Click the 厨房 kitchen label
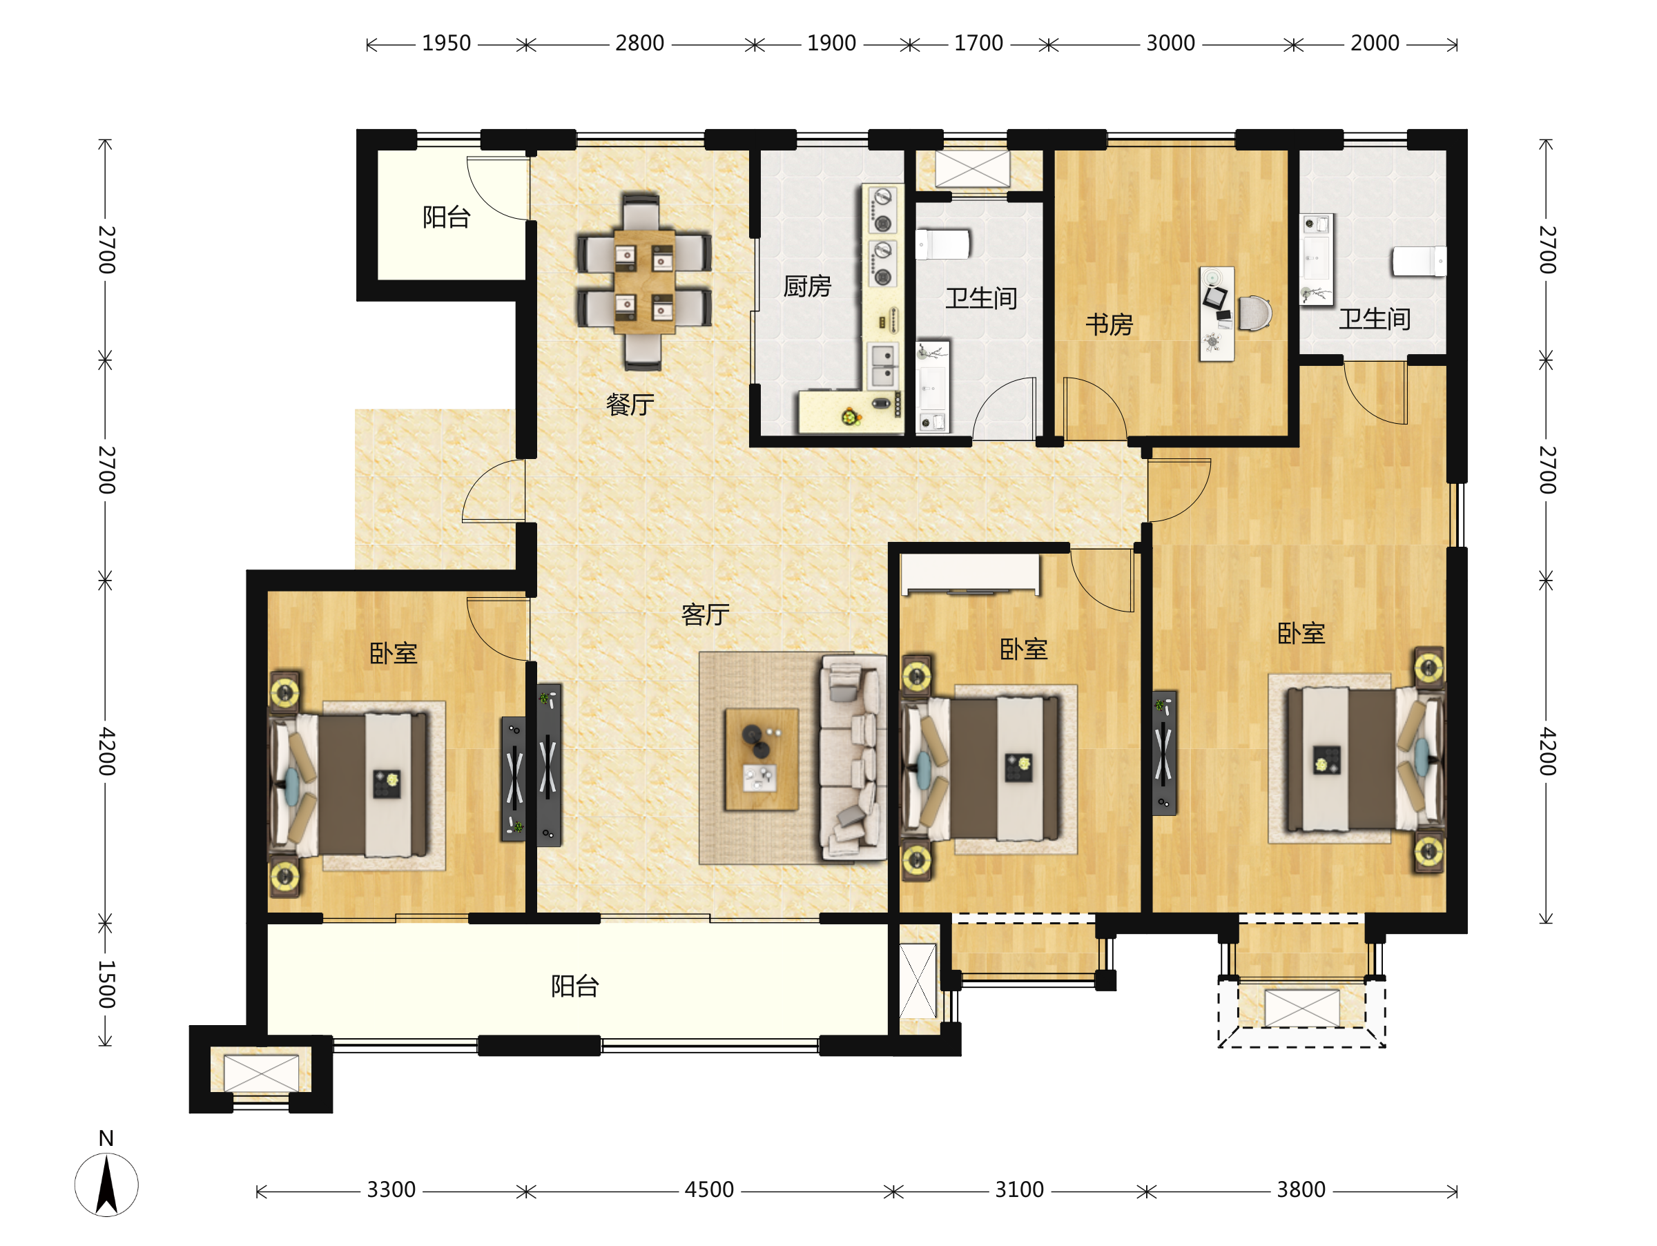tap(807, 286)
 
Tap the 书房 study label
tap(1109, 325)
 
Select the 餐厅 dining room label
tap(630, 405)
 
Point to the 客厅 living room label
tap(705, 615)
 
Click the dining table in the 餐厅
tap(644, 282)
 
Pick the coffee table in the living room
tap(761, 759)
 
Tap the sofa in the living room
tap(853, 757)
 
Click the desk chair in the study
tap(1254, 313)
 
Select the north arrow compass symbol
tap(106, 1184)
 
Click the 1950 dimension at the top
tap(447, 43)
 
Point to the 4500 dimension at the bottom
tap(709, 1190)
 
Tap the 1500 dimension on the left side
tap(106, 984)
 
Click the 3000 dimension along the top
tap(1171, 43)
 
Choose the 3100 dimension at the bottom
tap(1020, 1190)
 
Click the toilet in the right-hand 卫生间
tap(1419, 262)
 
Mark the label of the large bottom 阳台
tap(574, 986)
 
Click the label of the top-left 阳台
tap(447, 217)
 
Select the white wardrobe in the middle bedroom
tap(971, 574)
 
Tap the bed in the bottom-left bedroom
tap(349, 785)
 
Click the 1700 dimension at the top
tap(978, 43)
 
